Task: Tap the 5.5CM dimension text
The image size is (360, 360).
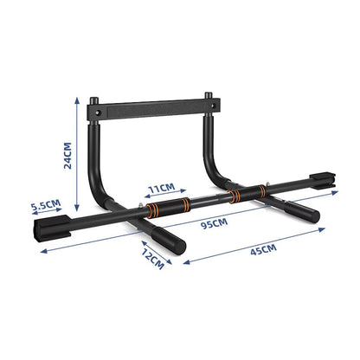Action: [46, 206]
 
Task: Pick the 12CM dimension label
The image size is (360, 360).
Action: [152, 260]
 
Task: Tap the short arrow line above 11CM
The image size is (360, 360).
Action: [162, 195]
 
